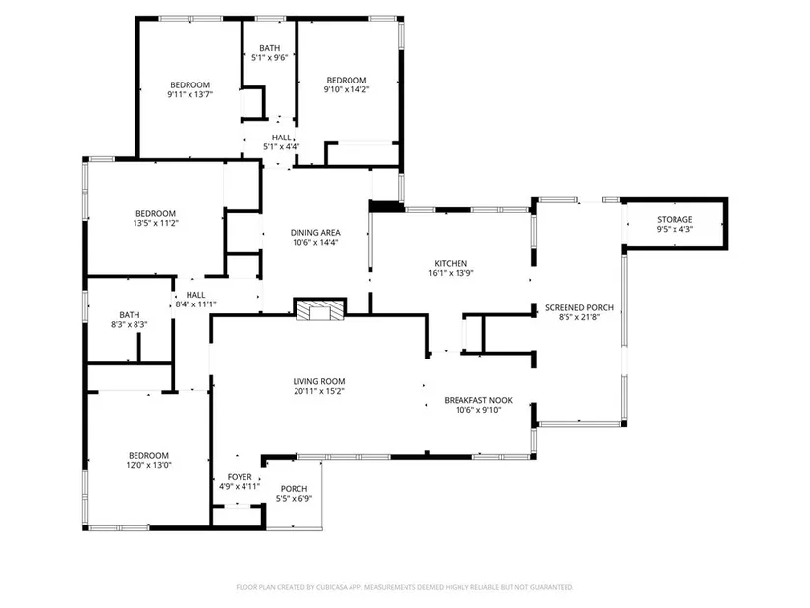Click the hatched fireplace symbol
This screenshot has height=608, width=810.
click(x=320, y=309)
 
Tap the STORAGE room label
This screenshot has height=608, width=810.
click(x=675, y=220)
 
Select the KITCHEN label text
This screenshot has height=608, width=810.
click(x=451, y=263)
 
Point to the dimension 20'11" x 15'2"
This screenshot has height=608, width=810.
click(x=319, y=391)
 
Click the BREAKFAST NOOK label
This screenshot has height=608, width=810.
click(x=478, y=400)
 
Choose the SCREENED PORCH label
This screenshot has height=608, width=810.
click(x=579, y=308)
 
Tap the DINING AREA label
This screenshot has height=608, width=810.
click(x=315, y=233)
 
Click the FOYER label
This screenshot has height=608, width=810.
click(x=240, y=477)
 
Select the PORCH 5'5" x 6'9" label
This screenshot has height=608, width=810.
click(x=294, y=494)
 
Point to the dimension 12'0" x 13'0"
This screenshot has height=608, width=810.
click(x=149, y=465)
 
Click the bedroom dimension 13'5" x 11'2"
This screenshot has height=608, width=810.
click(x=155, y=223)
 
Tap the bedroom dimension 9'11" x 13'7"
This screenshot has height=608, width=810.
click(x=190, y=94)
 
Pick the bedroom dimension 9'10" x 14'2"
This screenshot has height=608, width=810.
click(x=347, y=89)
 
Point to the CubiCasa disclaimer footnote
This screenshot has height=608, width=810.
click(x=405, y=587)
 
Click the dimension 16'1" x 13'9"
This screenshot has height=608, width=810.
click(x=451, y=273)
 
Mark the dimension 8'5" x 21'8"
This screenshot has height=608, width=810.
click(x=579, y=317)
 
